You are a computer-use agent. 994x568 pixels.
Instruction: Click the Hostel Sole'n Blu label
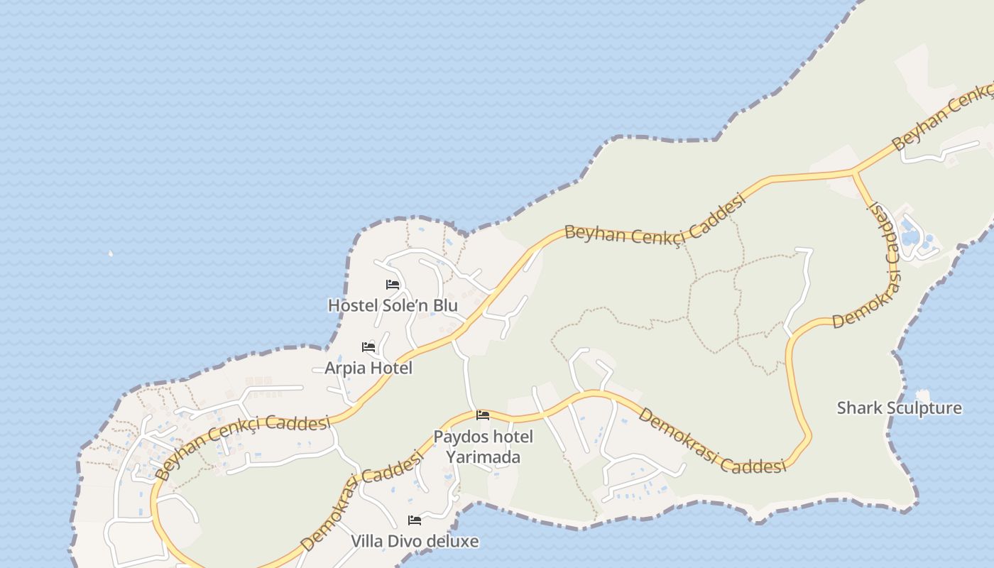[393, 305]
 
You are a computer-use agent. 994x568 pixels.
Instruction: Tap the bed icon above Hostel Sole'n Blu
[393, 285]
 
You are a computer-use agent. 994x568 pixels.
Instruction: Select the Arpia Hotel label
[368, 368]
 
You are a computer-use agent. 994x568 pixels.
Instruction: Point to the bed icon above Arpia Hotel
[368, 347]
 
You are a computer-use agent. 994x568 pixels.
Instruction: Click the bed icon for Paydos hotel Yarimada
[483, 415]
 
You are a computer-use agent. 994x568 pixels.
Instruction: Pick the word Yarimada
[483, 457]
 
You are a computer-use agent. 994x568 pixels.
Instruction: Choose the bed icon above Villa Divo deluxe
[415, 520]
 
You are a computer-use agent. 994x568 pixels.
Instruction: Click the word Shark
[858, 408]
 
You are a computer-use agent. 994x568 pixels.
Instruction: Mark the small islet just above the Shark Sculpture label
[923, 394]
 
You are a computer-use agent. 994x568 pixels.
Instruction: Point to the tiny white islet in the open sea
[110, 253]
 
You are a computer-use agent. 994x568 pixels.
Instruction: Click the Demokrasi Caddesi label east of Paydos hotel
[711, 440]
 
